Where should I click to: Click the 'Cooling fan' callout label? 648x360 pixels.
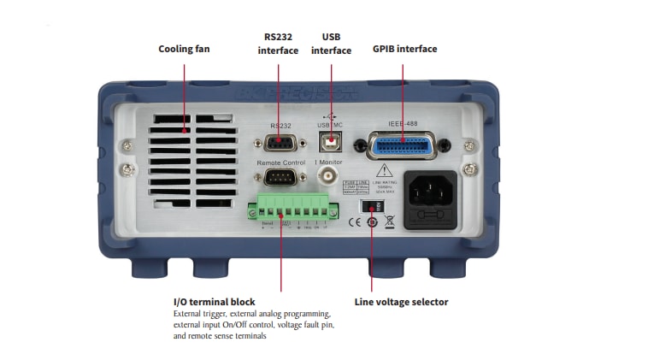(x=184, y=49)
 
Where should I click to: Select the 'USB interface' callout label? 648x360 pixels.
(x=331, y=44)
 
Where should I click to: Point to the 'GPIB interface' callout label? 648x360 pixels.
(x=404, y=49)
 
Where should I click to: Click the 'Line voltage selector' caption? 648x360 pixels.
(x=401, y=302)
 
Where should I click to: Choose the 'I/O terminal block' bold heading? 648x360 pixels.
(x=214, y=302)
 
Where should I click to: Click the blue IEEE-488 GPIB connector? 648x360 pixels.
(x=401, y=145)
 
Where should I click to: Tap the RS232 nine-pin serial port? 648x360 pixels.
(x=280, y=142)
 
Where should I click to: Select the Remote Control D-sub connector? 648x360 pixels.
(x=280, y=178)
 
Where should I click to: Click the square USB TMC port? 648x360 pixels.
(x=330, y=140)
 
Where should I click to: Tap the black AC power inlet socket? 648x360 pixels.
(x=430, y=199)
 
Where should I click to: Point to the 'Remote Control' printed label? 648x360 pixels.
(x=280, y=162)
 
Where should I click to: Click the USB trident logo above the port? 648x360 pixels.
(x=330, y=115)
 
